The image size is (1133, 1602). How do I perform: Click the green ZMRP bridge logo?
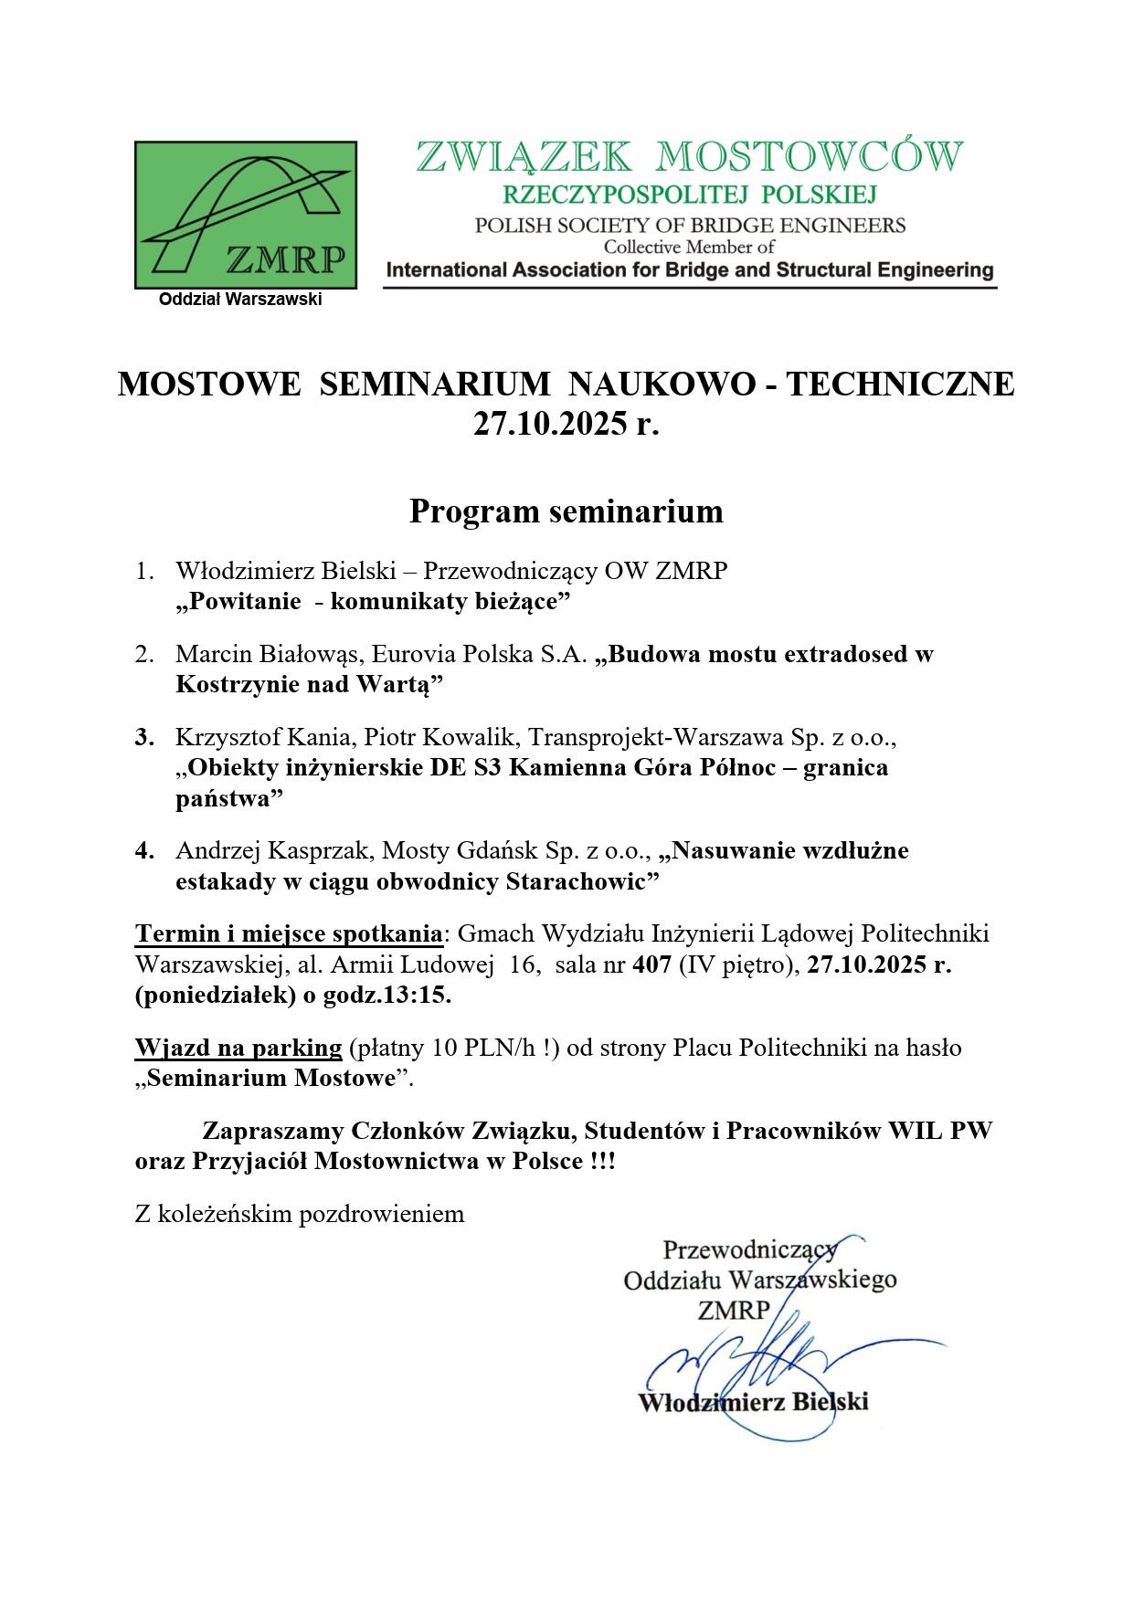(x=246, y=215)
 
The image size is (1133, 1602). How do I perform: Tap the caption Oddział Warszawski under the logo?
(x=240, y=300)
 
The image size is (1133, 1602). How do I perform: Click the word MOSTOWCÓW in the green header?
(x=810, y=157)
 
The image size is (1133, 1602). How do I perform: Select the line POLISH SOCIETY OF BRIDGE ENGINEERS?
(x=690, y=226)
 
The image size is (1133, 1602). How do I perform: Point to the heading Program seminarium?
(x=566, y=511)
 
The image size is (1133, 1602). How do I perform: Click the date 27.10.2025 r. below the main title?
(x=566, y=424)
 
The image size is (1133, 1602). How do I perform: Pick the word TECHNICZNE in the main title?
(x=900, y=385)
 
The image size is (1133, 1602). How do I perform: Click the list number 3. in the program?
(x=144, y=737)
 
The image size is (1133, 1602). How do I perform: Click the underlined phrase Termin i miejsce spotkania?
(x=289, y=933)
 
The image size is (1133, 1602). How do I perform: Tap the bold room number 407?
(x=651, y=964)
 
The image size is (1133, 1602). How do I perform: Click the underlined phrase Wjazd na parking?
(x=238, y=1048)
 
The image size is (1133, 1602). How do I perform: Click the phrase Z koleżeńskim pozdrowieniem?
(x=300, y=1214)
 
